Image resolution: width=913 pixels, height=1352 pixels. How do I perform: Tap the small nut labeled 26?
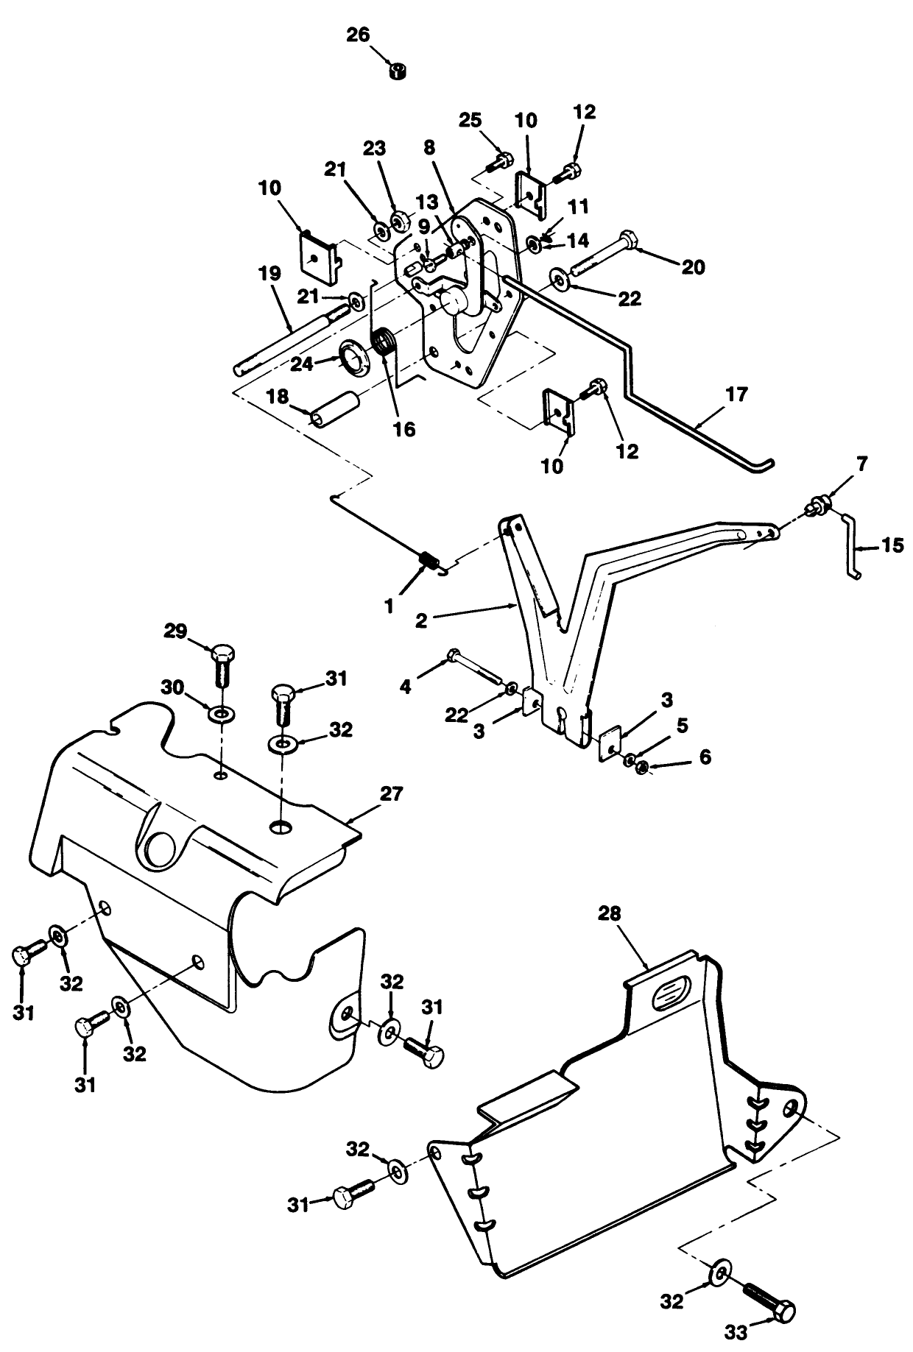click(398, 71)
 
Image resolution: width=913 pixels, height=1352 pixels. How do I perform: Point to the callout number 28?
click(609, 914)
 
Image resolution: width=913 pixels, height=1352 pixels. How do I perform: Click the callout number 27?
click(392, 794)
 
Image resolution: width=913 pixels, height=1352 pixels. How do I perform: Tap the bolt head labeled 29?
click(223, 654)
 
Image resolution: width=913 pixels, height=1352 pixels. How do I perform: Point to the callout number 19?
click(270, 274)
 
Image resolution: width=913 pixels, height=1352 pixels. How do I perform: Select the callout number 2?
click(420, 620)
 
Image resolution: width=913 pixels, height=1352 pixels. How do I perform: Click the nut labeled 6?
click(641, 768)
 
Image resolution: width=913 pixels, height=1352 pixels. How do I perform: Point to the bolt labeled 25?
click(504, 160)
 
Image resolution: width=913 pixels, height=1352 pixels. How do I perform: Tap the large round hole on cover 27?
click(161, 849)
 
